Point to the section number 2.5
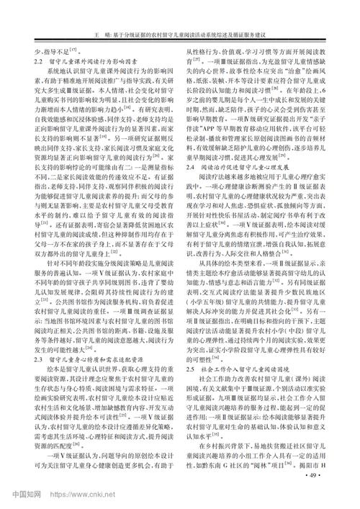192,368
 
